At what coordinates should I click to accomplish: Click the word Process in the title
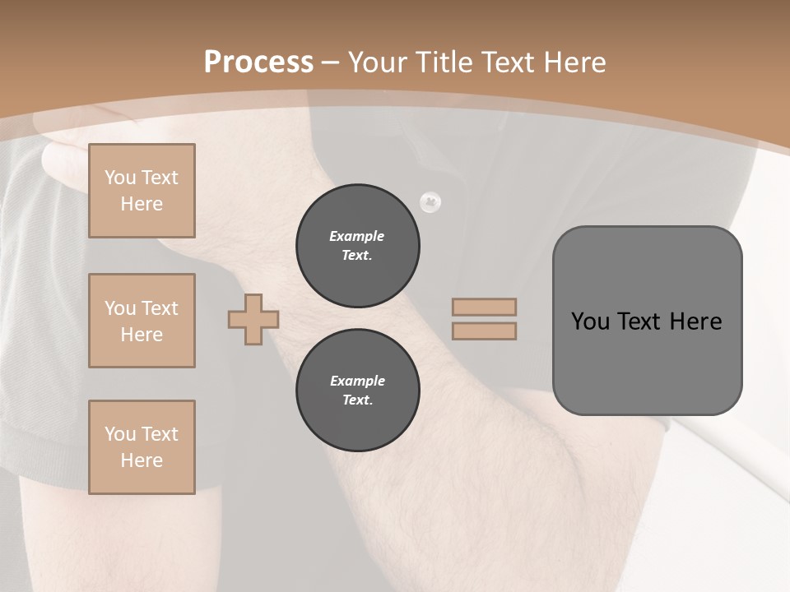click(258, 62)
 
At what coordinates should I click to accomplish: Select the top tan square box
click(142, 191)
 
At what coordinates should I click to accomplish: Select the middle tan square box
click(142, 321)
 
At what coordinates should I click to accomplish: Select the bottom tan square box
click(142, 447)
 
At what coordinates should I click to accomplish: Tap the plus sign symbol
click(253, 319)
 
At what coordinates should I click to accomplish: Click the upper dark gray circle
click(358, 245)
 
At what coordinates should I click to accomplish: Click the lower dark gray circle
click(358, 390)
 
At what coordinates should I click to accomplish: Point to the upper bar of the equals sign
click(484, 307)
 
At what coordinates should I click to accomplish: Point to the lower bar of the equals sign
click(484, 331)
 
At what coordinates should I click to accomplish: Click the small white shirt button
click(430, 202)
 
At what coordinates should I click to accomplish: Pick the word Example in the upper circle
click(357, 236)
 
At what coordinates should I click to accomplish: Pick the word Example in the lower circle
click(357, 381)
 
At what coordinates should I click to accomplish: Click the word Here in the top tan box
click(142, 204)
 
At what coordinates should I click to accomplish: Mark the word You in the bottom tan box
click(120, 434)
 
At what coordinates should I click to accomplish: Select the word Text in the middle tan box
click(159, 308)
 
